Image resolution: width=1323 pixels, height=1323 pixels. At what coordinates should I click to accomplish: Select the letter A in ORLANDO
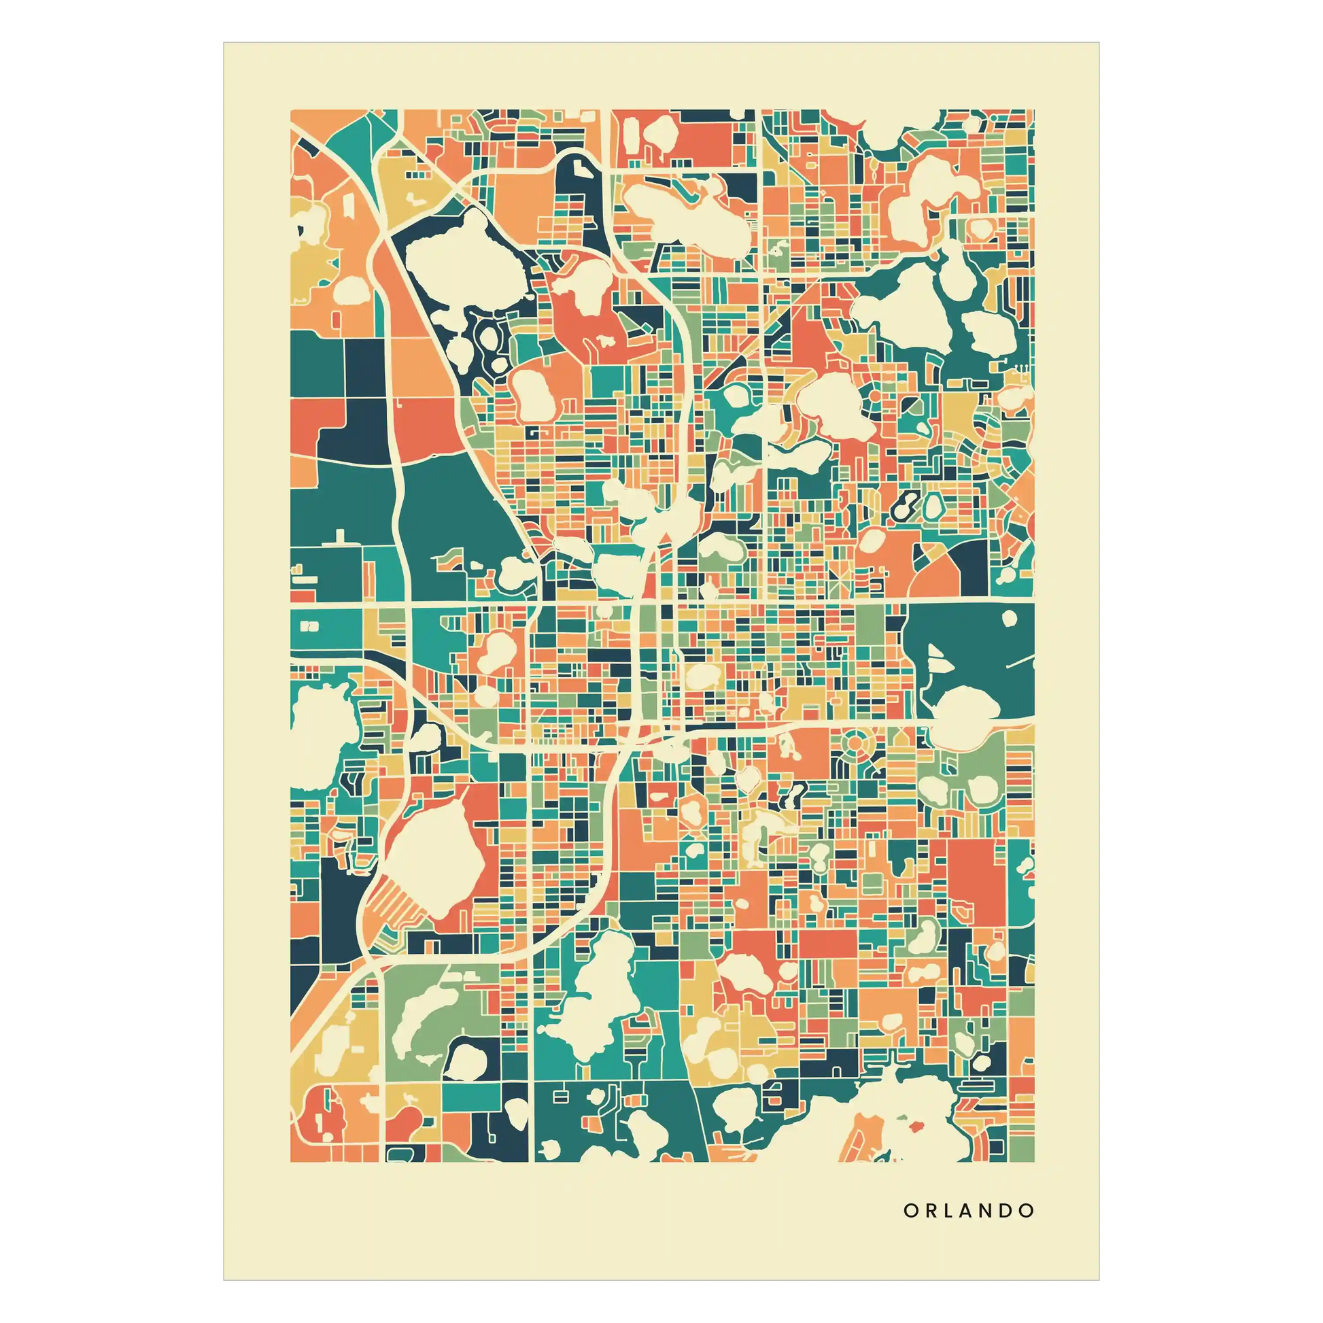965,1211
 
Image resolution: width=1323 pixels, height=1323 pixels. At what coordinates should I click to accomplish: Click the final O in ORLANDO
1027,1211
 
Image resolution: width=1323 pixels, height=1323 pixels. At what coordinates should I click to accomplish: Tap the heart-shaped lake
748,775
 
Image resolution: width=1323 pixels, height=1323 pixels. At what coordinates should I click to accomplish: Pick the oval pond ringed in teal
931,507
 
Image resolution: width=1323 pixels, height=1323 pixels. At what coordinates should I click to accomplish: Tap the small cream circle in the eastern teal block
1010,619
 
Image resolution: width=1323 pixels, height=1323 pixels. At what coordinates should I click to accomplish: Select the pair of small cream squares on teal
309,625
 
